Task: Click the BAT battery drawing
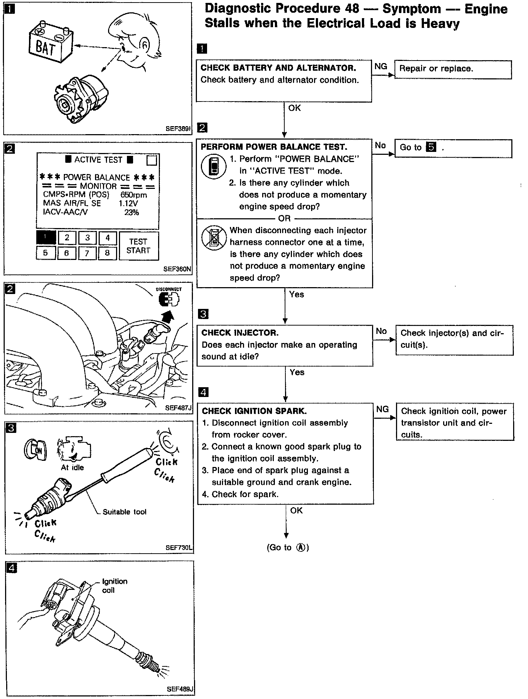click(x=51, y=44)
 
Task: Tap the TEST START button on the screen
click(x=138, y=246)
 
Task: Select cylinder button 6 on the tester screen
click(x=66, y=253)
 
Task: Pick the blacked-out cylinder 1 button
click(x=46, y=238)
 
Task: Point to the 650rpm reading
click(x=133, y=195)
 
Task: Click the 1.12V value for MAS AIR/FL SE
click(x=128, y=203)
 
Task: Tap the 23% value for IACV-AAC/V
click(x=132, y=212)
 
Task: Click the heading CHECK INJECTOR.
click(x=240, y=333)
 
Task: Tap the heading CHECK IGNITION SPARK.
click(x=254, y=411)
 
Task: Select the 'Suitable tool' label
click(x=124, y=512)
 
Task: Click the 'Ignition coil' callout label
click(x=115, y=586)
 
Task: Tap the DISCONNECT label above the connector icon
click(x=169, y=289)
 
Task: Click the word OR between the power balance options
click(x=284, y=218)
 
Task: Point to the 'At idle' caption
click(x=72, y=468)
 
